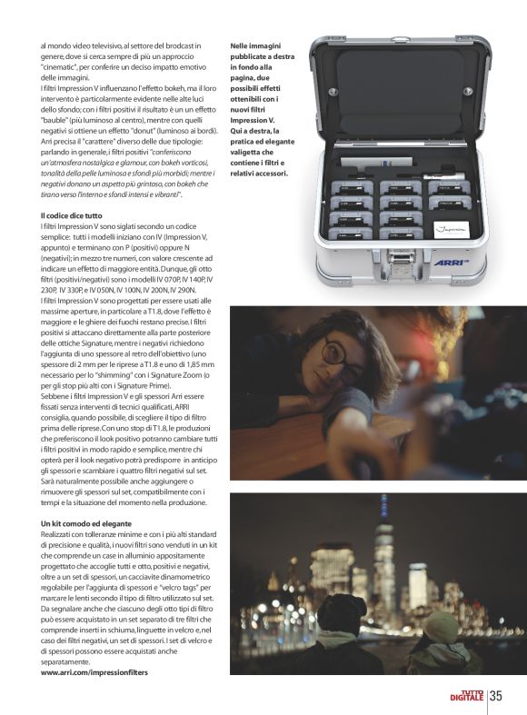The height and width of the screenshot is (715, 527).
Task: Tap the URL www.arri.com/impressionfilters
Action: click(94, 672)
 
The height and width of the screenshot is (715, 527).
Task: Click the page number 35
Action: click(496, 697)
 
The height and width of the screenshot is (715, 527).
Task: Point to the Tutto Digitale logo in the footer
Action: click(467, 697)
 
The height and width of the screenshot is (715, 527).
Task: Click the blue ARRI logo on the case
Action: click(452, 263)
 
